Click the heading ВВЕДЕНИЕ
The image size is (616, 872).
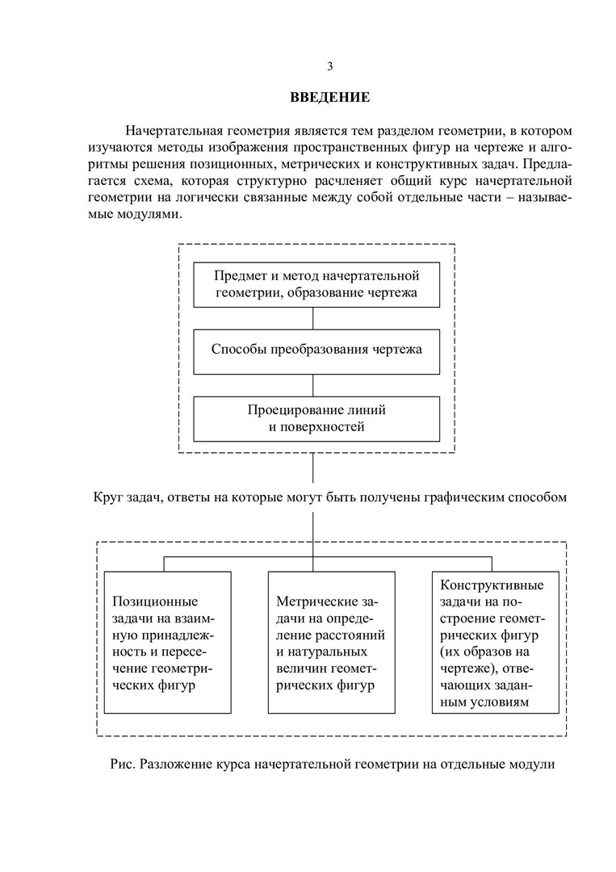[330, 98]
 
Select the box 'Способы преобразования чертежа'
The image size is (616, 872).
[316, 350]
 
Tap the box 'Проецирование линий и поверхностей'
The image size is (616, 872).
[316, 418]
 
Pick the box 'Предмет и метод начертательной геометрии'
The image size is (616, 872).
[316, 284]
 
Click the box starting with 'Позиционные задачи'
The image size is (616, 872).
[167, 642]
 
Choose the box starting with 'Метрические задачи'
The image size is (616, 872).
[331, 642]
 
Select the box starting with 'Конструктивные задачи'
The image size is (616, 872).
[496, 642]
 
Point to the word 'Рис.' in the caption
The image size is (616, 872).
[122, 762]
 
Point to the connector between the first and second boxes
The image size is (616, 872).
[313, 317]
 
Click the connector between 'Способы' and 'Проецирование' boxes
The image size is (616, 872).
[313, 384]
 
